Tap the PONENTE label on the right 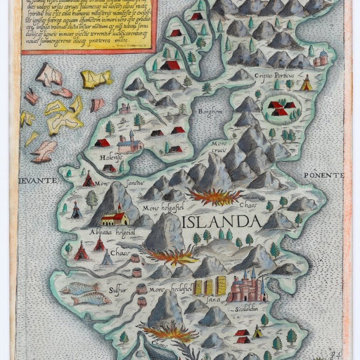[323, 175]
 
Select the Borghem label [210, 112]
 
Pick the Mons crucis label [218, 146]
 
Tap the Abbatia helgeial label [105, 232]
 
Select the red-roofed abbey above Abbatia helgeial [115, 217]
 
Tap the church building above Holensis [130, 143]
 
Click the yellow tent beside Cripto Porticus [306, 83]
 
